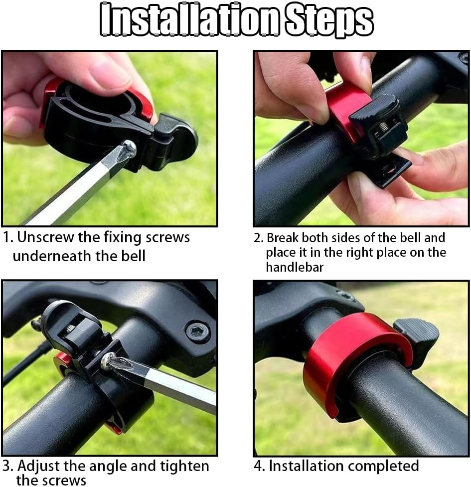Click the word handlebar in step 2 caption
(x=294, y=267)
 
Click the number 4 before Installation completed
(x=259, y=466)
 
